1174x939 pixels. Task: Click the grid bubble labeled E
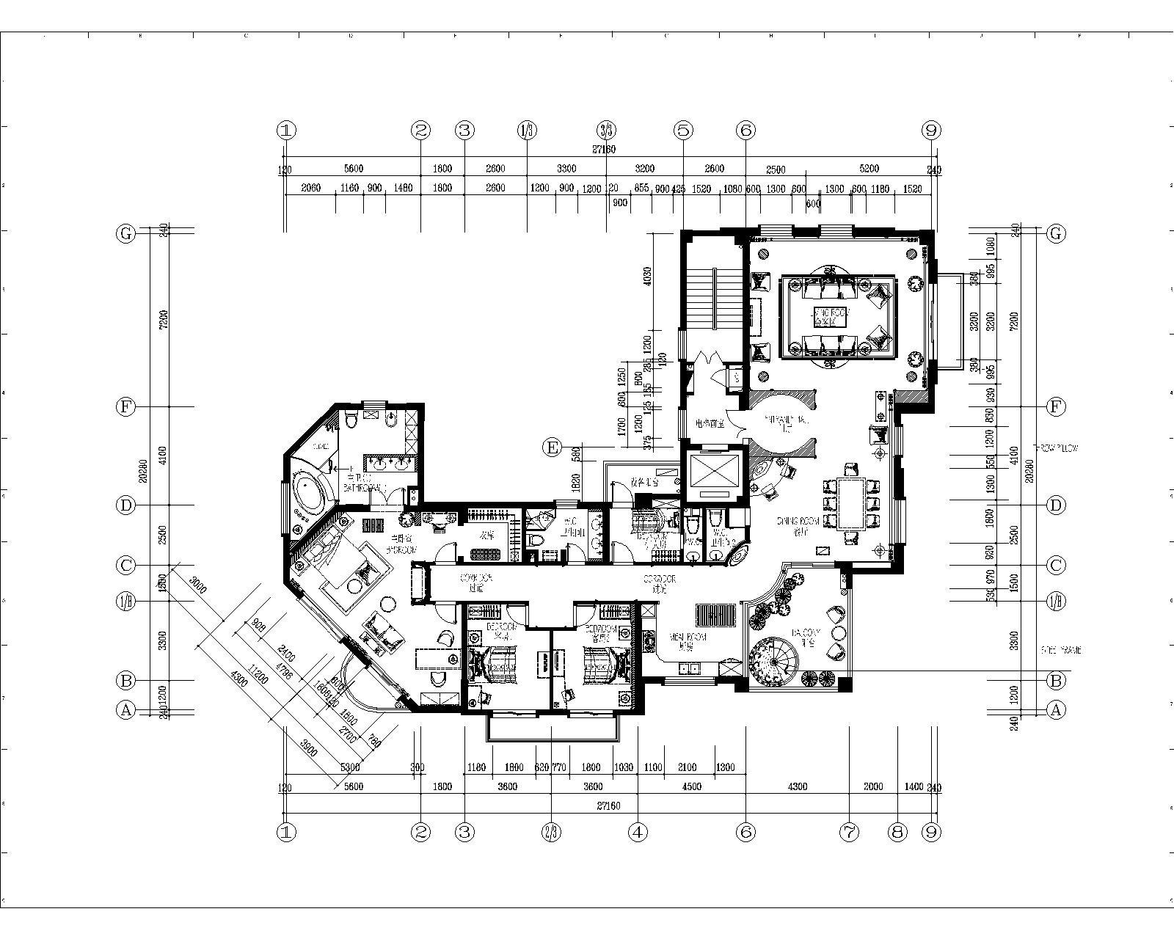pos(553,446)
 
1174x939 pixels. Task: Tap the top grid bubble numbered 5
pos(683,131)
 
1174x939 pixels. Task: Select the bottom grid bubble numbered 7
pos(850,832)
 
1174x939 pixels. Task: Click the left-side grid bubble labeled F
pos(126,406)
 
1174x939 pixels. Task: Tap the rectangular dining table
pos(851,503)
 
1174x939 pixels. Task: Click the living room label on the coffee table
pos(829,316)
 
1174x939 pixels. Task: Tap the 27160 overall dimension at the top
pos(603,149)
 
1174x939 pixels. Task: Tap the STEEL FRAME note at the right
pos(1060,650)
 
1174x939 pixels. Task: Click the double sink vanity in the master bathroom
pos(391,464)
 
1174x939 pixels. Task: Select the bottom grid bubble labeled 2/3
pos(552,832)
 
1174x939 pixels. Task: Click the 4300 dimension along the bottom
pos(797,786)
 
